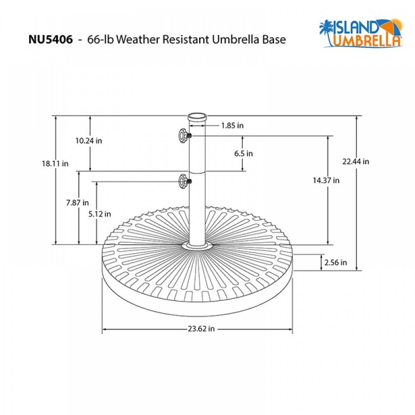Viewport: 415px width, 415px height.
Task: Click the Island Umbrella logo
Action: [x=361, y=33]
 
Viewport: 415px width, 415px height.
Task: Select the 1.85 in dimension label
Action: [x=232, y=125]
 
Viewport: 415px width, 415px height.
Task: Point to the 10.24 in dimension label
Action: [x=88, y=141]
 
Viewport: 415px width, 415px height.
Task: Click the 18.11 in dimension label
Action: [x=56, y=163]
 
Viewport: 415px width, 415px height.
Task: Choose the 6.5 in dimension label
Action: [x=243, y=154]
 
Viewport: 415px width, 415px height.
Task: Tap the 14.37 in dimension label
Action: [x=326, y=181]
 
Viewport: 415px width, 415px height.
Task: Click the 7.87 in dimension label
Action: [x=78, y=202]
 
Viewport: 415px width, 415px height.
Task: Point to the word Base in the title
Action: [x=274, y=40]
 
